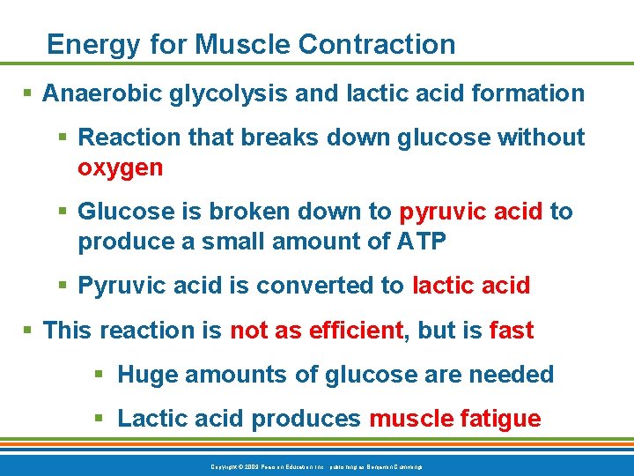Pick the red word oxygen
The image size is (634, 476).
(x=121, y=167)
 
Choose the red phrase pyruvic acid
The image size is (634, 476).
(x=473, y=212)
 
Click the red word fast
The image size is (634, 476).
(x=511, y=331)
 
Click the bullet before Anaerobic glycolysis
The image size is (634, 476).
(x=29, y=93)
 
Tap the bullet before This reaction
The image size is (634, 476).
(x=29, y=331)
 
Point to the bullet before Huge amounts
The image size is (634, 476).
(x=101, y=375)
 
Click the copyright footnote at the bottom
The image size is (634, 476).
(x=317, y=465)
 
